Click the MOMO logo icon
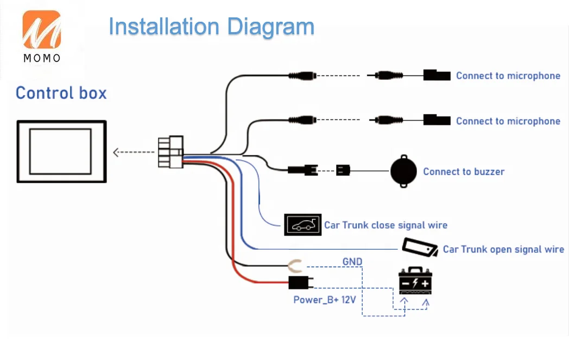tap(42, 29)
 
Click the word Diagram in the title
tap(270, 27)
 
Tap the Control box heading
tap(61, 93)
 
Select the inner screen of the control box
tap(60, 151)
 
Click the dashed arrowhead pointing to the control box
tap(116, 152)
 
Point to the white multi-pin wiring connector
tap(170, 151)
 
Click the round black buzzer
tap(403, 171)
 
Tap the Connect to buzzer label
tap(464, 172)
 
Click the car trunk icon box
tap(302, 225)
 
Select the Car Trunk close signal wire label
tap(385, 225)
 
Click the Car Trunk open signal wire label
tap(503, 249)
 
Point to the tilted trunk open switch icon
tap(420, 247)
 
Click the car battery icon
tap(415, 281)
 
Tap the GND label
tap(352, 261)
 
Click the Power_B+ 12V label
tap(325, 300)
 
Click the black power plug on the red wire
tap(300, 282)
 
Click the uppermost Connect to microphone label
tap(508, 75)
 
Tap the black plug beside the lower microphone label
tap(437, 120)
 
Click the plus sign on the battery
tap(425, 283)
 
